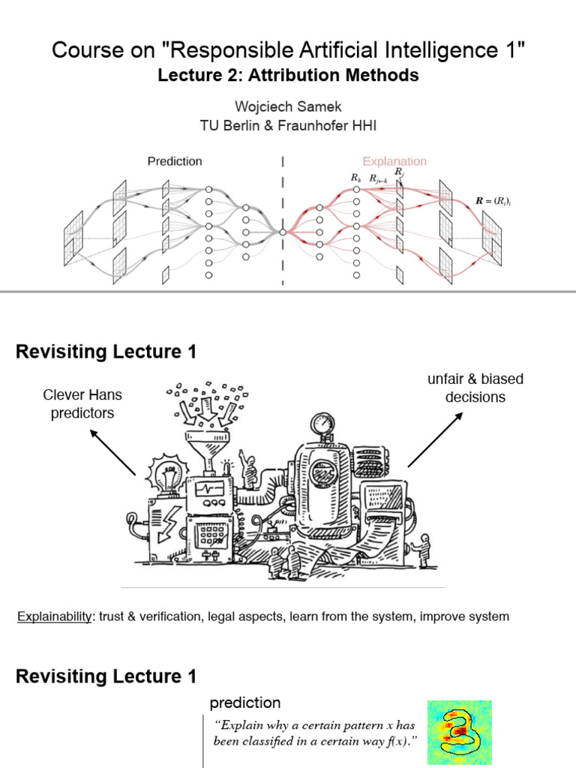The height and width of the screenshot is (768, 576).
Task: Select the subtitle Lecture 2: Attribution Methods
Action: click(x=288, y=76)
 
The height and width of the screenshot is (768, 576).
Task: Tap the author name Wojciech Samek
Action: click(x=288, y=107)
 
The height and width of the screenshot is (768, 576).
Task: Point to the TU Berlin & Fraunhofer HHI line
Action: click(x=288, y=126)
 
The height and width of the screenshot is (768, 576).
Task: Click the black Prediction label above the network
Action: click(x=174, y=161)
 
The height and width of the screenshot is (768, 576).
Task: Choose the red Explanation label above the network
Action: click(x=394, y=161)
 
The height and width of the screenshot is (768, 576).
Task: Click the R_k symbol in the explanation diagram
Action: click(x=355, y=178)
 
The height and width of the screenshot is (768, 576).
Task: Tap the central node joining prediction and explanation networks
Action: click(x=283, y=232)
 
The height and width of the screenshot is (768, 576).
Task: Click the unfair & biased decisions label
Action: click(x=475, y=388)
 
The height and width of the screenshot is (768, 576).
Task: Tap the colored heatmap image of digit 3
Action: click(x=459, y=733)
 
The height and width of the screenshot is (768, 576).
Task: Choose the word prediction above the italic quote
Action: click(x=245, y=703)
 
